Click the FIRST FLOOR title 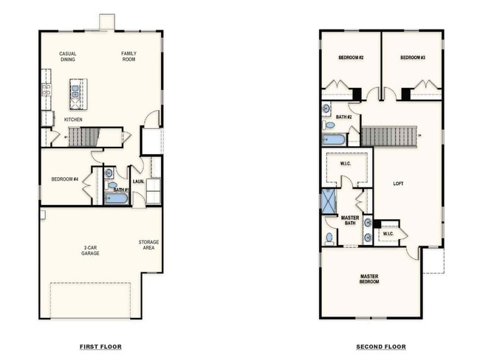[100, 347]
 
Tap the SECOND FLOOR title [381, 347]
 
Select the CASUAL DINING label [68, 57]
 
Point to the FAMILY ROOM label [129, 56]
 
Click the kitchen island [78, 94]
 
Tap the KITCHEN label [73, 120]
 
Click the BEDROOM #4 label [65, 179]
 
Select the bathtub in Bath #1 [117, 198]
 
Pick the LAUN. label [138, 181]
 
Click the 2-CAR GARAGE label [90, 251]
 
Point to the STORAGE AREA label [148, 245]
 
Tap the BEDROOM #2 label [351, 58]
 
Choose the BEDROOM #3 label [413, 58]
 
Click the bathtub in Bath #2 [334, 140]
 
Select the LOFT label [398, 184]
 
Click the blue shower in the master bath [329, 201]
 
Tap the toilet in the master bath [329, 238]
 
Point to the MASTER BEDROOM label [369, 279]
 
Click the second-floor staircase [388, 136]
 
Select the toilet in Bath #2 [328, 125]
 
